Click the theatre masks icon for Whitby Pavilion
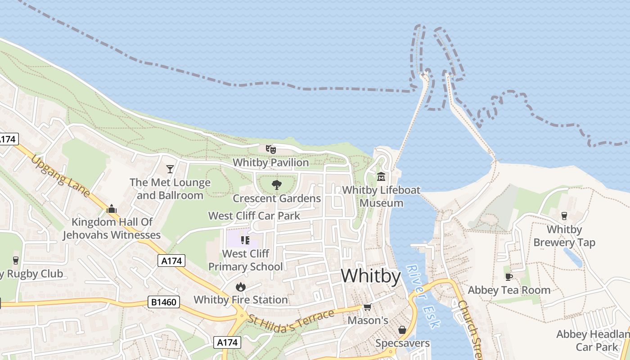(x=270, y=149)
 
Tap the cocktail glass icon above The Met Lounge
(x=170, y=169)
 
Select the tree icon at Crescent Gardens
(x=276, y=184)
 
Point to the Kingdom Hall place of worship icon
(x=112, y=208)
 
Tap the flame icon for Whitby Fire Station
(x=240, y=287)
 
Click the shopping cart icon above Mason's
(x=367, y=307)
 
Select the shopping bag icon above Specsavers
(x=402, y=330)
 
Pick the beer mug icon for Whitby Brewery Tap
(x=564, y=216)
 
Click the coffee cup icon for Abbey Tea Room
(x=508, y=276)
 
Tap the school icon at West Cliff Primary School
(x=245, y=240)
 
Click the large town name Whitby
(x=370, y=275)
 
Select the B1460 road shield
(x=164, y=302)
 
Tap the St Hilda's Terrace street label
(x=292, y=319)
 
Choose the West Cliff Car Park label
(x=254, y=216)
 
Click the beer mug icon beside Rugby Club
(x=16, y=261)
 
